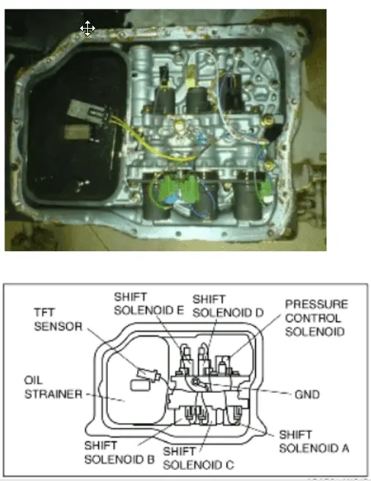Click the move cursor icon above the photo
[87, 29]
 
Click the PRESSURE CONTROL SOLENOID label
[316, 319]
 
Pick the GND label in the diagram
[306, 394]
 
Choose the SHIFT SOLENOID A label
[312, 441]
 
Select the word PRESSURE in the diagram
[316, 304]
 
